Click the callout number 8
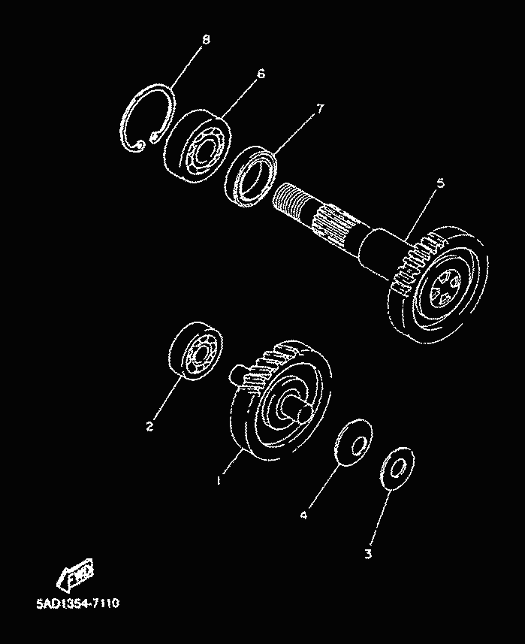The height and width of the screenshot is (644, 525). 206,39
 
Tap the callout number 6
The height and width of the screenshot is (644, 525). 261,74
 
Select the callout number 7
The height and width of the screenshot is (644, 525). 320,108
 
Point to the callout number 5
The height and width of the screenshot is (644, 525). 440,183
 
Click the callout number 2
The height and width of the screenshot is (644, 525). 149,426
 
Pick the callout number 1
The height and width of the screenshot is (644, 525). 219,479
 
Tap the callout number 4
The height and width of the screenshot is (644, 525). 303,515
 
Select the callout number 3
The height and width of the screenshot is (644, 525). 368,554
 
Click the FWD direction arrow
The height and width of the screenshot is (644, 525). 75,573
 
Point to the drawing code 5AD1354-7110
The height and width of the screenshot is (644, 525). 78,603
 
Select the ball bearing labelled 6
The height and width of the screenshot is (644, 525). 198,147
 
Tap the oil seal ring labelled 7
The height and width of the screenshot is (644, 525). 251,175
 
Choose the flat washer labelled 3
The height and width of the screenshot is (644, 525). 397,469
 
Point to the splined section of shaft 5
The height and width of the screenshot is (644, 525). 333,227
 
